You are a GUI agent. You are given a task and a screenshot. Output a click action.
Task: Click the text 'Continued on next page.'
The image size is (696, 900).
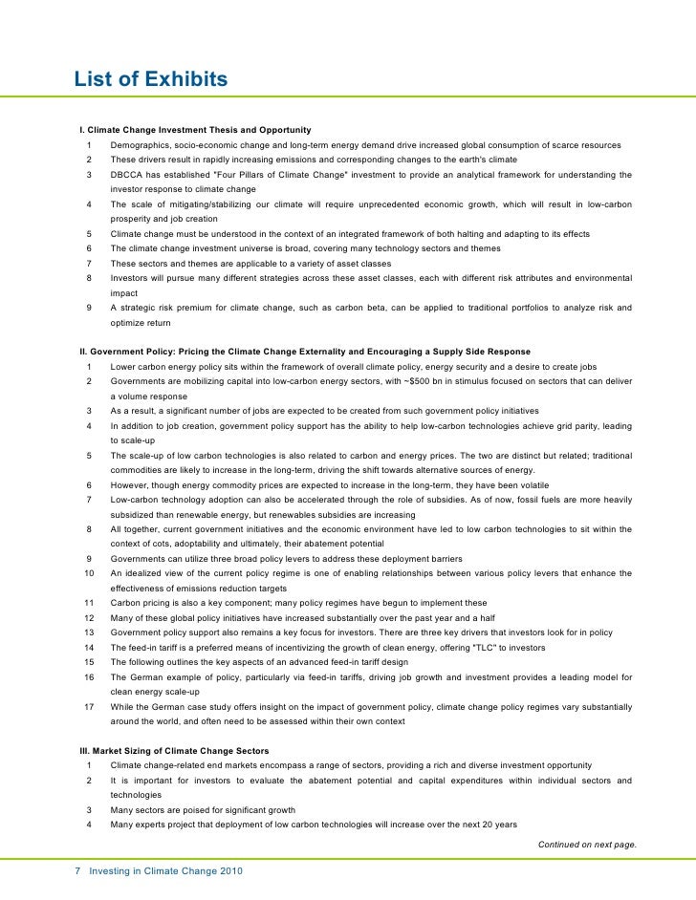pos(587,845)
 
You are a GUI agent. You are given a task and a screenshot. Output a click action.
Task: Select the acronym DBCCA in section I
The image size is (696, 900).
pos(127,175)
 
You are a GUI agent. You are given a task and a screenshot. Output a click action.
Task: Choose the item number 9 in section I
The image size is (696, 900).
pos(89,308)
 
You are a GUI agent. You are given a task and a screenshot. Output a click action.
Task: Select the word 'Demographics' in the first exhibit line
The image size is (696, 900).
pos(141,145)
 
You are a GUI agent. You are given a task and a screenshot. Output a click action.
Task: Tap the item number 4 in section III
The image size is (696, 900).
pos(89,825)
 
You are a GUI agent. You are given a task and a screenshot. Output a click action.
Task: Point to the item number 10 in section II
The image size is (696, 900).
pos(89,573)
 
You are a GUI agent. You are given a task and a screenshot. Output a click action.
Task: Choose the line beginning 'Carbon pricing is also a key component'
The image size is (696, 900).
pos(298,603)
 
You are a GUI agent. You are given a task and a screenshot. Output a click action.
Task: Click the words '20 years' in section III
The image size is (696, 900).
pos(499,825)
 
